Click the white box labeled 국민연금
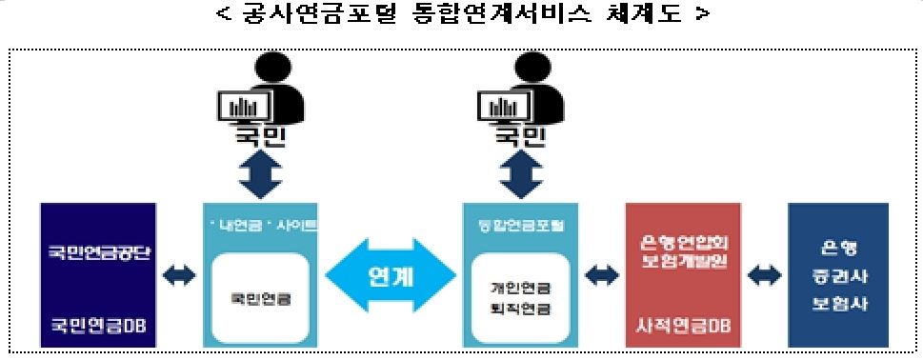[x=260, y=298]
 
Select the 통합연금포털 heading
[x=520, y=226]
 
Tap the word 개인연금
[x=520, y=287]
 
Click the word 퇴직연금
[x=520, y=309]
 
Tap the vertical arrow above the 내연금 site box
[x=258, y=171]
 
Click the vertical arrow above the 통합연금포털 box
[x=520, y=171]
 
